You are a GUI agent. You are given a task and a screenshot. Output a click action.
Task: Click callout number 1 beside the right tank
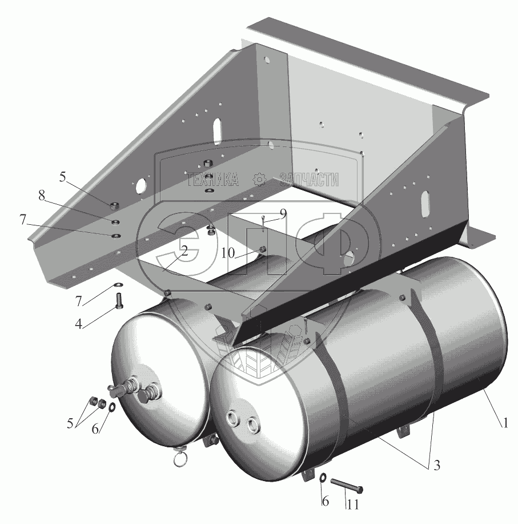(505, 423)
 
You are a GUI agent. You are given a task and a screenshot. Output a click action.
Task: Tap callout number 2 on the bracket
(184, 251)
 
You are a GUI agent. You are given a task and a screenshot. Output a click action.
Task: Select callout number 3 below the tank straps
(436, 465)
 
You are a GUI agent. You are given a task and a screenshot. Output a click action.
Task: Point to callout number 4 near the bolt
(78, 323)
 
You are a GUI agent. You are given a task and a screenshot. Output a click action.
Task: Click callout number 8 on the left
(41, 196)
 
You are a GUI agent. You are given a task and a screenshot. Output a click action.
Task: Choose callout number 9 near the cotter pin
(283, 213)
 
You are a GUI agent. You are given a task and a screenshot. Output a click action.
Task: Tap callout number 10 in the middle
(228, 253)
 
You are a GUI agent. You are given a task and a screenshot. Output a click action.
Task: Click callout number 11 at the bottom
(352, 505)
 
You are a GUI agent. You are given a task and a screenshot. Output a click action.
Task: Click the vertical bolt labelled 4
(119, 301)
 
